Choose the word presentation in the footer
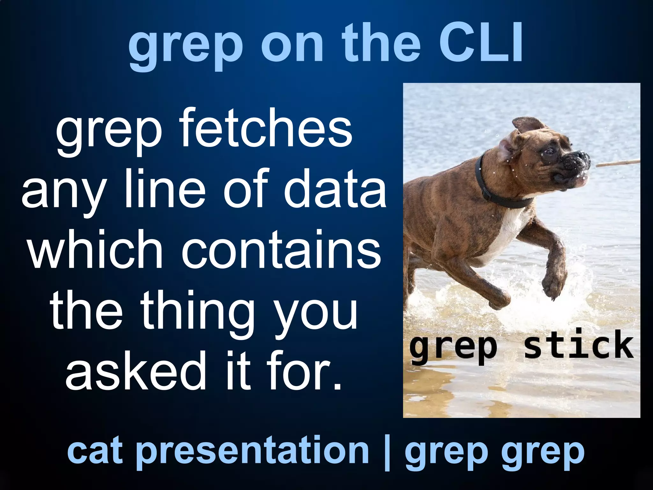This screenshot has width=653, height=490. [x=253, y=452]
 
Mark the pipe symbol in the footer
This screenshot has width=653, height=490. [x=387, y=452]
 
